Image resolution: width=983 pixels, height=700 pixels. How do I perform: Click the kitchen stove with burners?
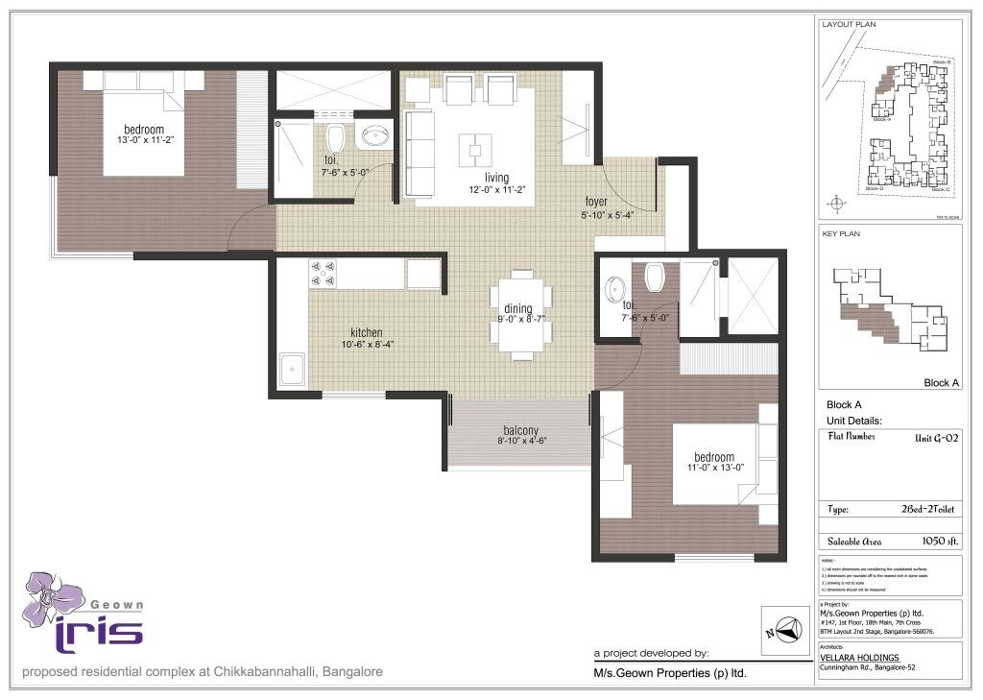(324, 274)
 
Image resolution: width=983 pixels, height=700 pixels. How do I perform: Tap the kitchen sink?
(291, 368)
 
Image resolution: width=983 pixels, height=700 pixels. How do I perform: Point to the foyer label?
(596, 202)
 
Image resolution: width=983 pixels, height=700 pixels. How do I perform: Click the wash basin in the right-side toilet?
(614, 286)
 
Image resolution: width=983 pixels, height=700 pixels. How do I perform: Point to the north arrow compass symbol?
(785, 631)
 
